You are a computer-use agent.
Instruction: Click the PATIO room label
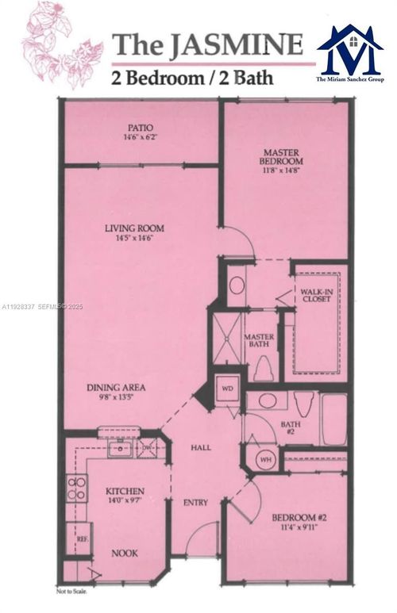coord(141,127)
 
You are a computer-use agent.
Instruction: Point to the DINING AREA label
coord(116,388)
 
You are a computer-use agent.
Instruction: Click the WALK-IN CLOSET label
coord(315,297)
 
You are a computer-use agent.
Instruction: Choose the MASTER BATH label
coord(259,342)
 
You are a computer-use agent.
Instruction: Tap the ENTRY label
coord(195,502)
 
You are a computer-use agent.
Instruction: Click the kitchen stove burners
coord(76,488)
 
